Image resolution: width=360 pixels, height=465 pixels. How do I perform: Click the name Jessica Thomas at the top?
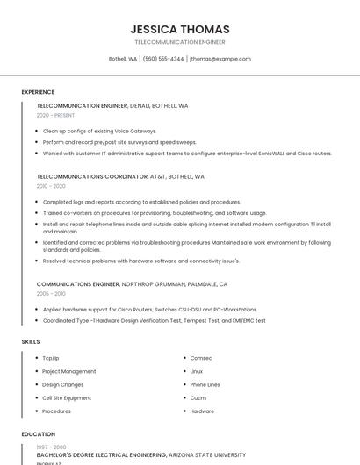(x=179, y=29)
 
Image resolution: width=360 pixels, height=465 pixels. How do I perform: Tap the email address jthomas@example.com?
(x=220, y=59)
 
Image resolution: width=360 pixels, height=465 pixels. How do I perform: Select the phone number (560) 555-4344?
(x=163, y=59)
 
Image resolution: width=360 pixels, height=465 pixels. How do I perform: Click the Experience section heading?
(x=38, y=92)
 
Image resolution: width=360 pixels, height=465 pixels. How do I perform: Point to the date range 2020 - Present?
(x=55, y=115)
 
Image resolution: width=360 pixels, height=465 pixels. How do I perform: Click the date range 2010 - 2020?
(x=51, y=186)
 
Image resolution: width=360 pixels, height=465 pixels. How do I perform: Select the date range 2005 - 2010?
(x=51, y=294)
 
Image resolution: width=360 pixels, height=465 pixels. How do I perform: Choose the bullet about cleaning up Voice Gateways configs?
(x=99, y=131)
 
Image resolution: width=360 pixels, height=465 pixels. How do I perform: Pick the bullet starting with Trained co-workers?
(x=155, y=213)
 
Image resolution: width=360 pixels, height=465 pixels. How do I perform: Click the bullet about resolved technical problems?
(x=140, y=261)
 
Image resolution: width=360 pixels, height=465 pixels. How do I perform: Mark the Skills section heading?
(x=31, y=341)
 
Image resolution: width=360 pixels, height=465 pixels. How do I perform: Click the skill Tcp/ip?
(x=51, y=358)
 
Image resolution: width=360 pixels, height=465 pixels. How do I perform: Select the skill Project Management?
(x=69, y=371)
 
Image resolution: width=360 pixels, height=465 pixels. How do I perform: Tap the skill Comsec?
(x=201, y=358)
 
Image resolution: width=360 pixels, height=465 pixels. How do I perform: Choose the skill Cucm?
(x=198, y=397)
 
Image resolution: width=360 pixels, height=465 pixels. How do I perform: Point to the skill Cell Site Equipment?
(x=67, y=397)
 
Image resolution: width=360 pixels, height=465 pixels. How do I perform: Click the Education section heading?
(x=39, y=434)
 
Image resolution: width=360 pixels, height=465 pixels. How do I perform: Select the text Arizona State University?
(x=207, y=455)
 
